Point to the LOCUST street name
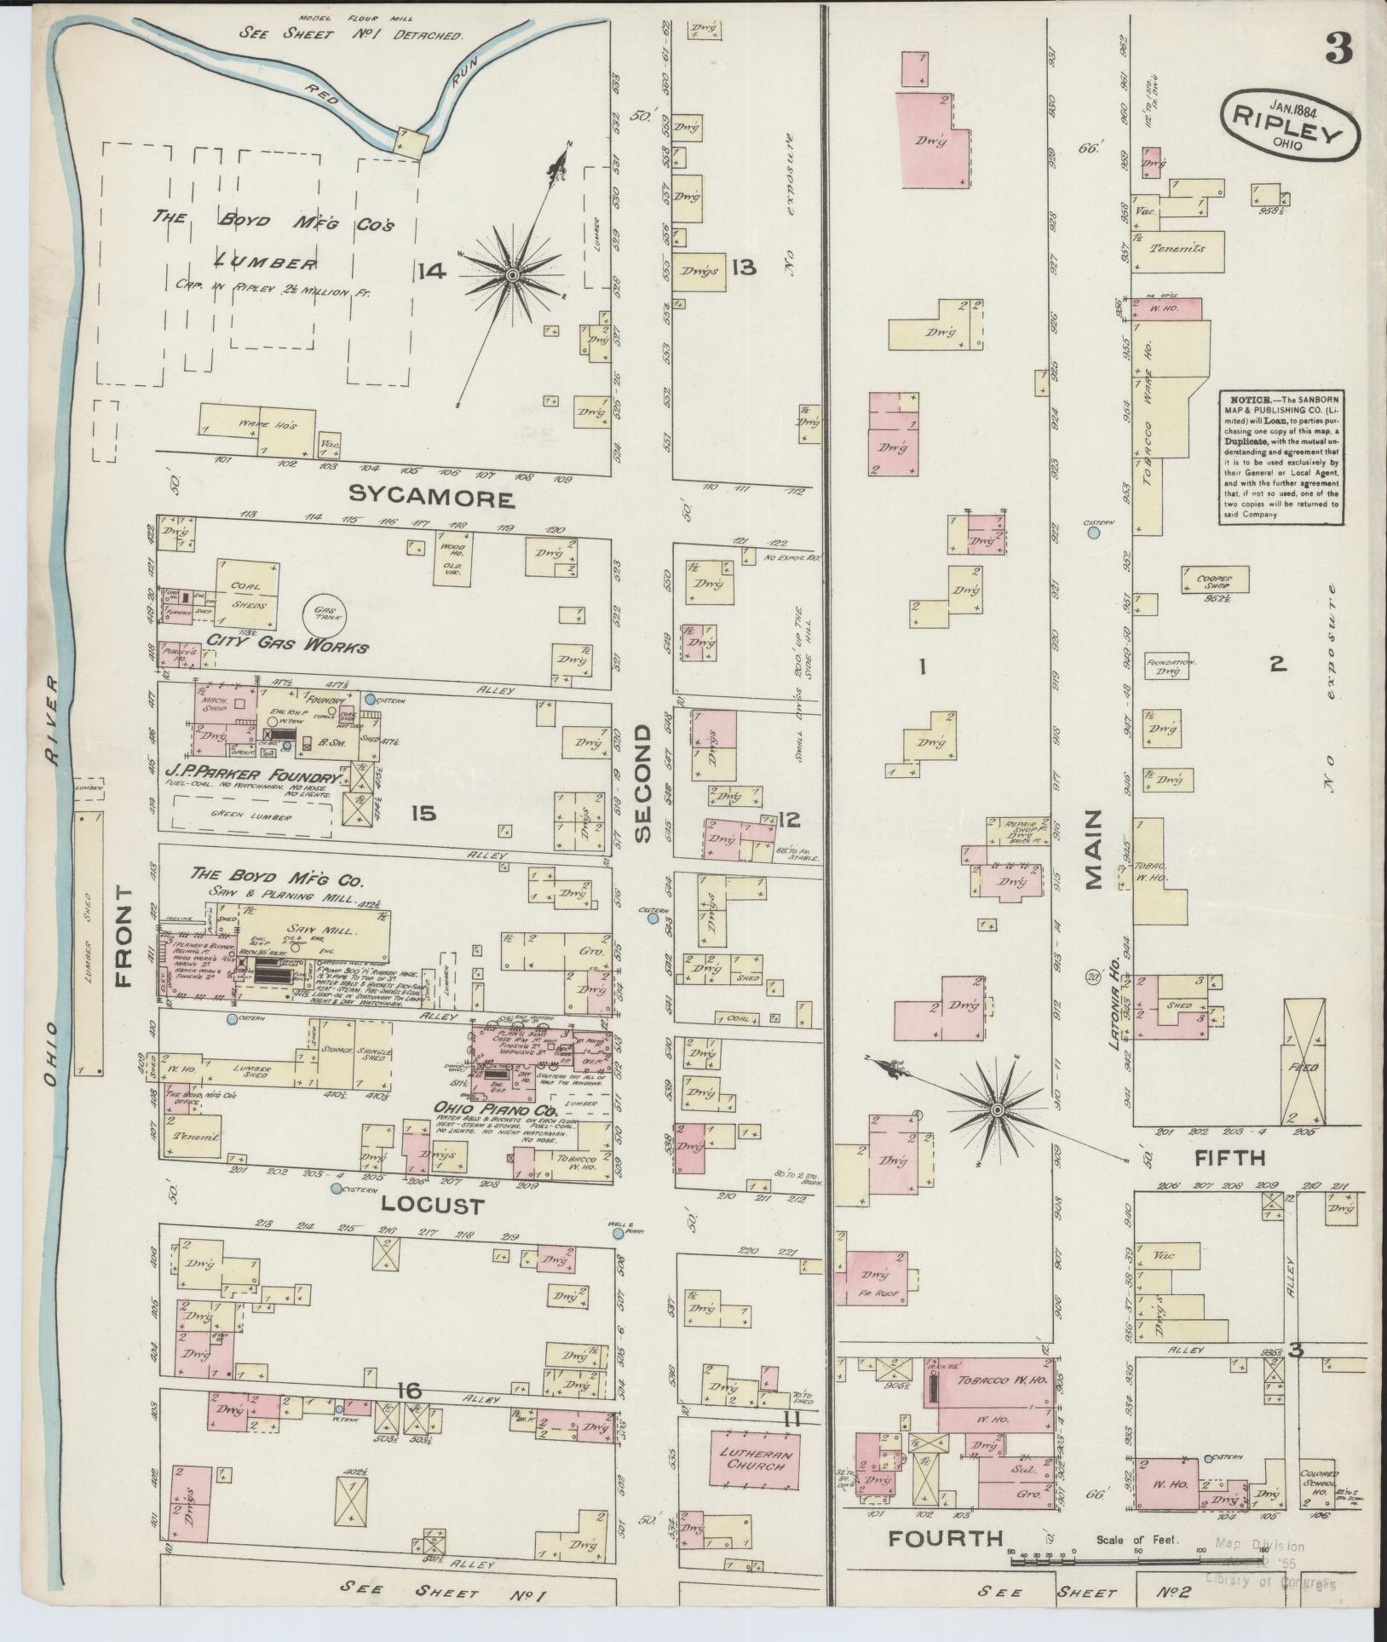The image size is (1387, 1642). [420, 1206]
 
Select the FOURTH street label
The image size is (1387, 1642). [946, 1538]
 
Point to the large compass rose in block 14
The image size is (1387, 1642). [512, 275]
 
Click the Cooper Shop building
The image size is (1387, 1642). [1214, 580]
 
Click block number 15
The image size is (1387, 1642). [423, 814]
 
